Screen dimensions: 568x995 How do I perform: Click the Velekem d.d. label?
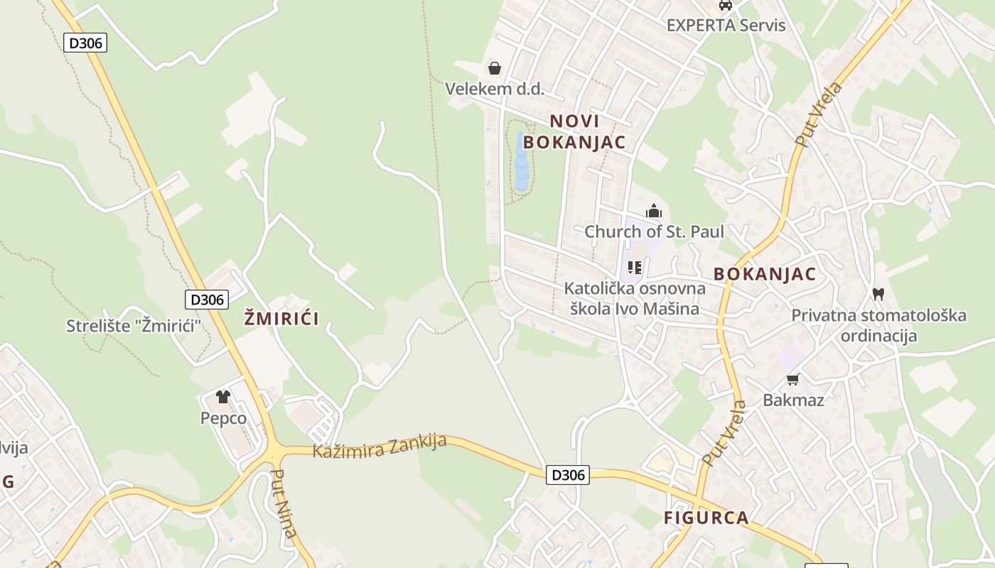(494, 89)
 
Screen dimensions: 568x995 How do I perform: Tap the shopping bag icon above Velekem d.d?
(494, 68)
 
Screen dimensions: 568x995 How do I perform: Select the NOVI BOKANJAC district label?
(574, 131)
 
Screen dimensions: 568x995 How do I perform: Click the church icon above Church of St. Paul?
(653, 211)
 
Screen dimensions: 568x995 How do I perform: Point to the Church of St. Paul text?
(654, 231)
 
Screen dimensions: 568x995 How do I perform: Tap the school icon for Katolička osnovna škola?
(635, 268)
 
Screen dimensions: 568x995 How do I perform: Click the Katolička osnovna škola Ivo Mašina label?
(635, 299)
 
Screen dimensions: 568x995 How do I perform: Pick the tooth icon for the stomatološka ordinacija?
(878, 294)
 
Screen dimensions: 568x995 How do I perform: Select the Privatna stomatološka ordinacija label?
(878, 325)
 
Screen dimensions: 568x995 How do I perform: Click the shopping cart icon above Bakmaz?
(793, 380)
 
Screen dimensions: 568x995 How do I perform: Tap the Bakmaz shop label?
(793, 400)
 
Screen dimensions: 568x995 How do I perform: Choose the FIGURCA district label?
(706, 518)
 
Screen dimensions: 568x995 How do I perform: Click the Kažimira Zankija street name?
(380, 447)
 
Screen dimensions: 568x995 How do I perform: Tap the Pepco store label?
(223, 418)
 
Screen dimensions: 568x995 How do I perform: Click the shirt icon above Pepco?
(223, 397)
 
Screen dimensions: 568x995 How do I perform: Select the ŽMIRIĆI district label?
(281, 319)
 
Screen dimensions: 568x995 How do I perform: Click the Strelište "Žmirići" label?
(134, 326)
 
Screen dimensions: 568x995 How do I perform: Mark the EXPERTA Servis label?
(726, 26)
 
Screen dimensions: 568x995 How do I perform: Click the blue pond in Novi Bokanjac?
(522, 162)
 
